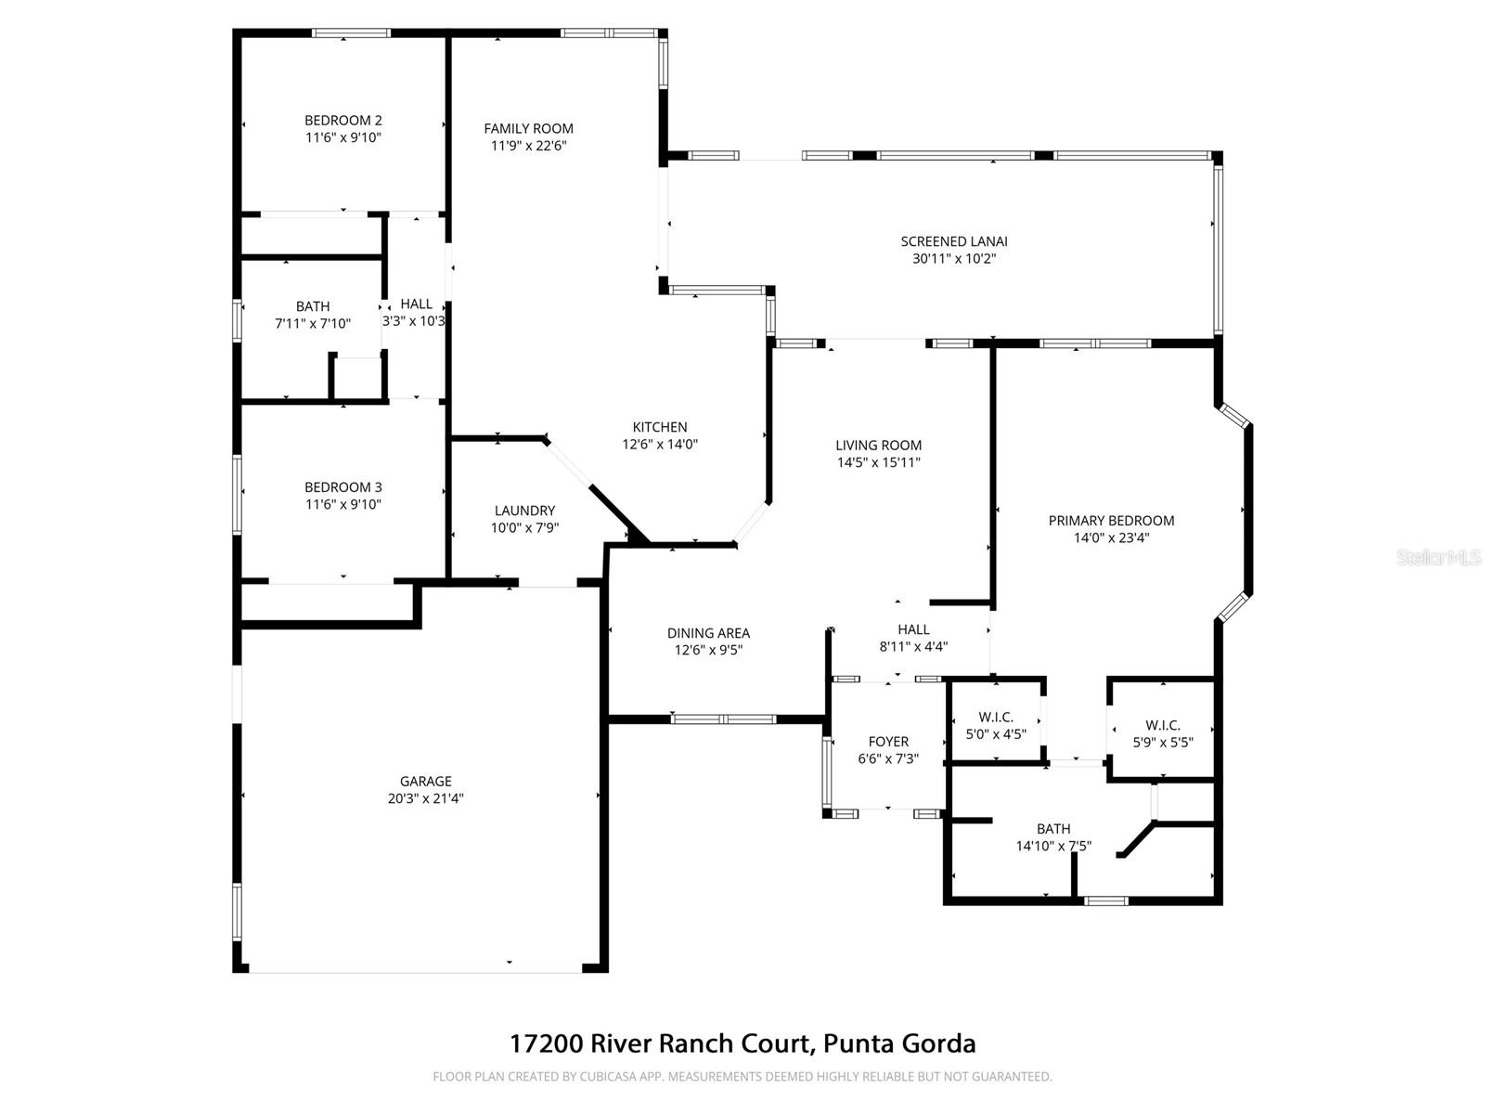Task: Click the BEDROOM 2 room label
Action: (343, 121)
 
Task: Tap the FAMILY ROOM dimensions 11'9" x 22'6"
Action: (528, 146)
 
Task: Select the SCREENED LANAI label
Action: (954, 241)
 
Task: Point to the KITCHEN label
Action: (660, 427)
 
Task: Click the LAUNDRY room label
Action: (524, 511)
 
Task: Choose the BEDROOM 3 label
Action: (343, 487)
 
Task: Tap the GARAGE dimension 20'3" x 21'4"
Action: (426, 798)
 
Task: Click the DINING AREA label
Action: (708, 633)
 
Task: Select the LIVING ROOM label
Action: (878, 446)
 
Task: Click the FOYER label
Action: (888, 742)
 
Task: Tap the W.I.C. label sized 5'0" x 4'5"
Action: (996, 718)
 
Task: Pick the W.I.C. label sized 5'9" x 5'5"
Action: (1163, 725)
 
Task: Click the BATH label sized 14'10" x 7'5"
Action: (1053, 829)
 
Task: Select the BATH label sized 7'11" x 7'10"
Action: (313, 306)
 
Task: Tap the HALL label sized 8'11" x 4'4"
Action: (913, 629)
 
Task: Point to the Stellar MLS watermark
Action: (1439, 558)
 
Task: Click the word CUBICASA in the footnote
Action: (629, 1077)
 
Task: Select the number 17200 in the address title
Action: (546, 1043)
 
